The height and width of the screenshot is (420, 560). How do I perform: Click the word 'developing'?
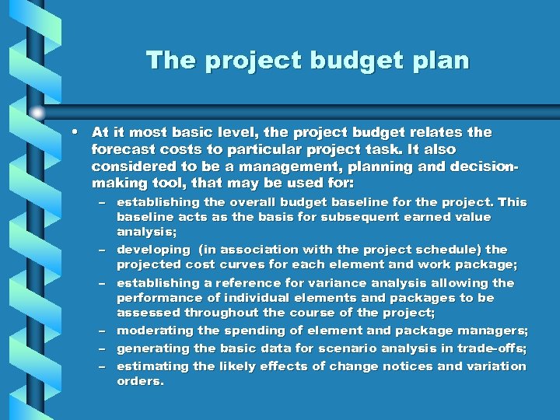coord(152,250)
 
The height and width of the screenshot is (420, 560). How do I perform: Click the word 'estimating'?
coord(152,366)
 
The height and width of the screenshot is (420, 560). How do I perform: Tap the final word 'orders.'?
coord(140,381)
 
